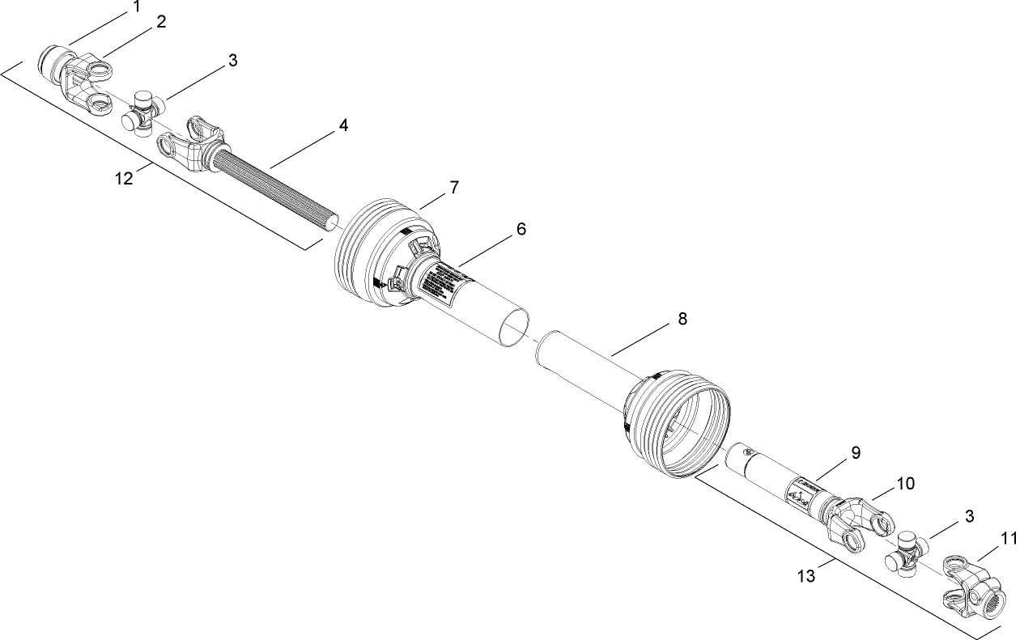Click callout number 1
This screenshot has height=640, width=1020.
[137, 7]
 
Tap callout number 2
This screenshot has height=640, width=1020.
[161, 22]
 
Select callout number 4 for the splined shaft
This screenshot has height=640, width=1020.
[343, 125]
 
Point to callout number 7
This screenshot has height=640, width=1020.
[454, 188]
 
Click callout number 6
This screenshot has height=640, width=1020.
[521, 229]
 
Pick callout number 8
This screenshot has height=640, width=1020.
[682, 319]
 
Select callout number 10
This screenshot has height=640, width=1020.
[905, 484]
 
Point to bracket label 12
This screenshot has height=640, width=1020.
[124, 178]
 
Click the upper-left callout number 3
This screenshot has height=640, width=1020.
[232, 61]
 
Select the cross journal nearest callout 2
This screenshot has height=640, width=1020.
[143, 112]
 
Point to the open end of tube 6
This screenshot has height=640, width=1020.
[511, 328]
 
